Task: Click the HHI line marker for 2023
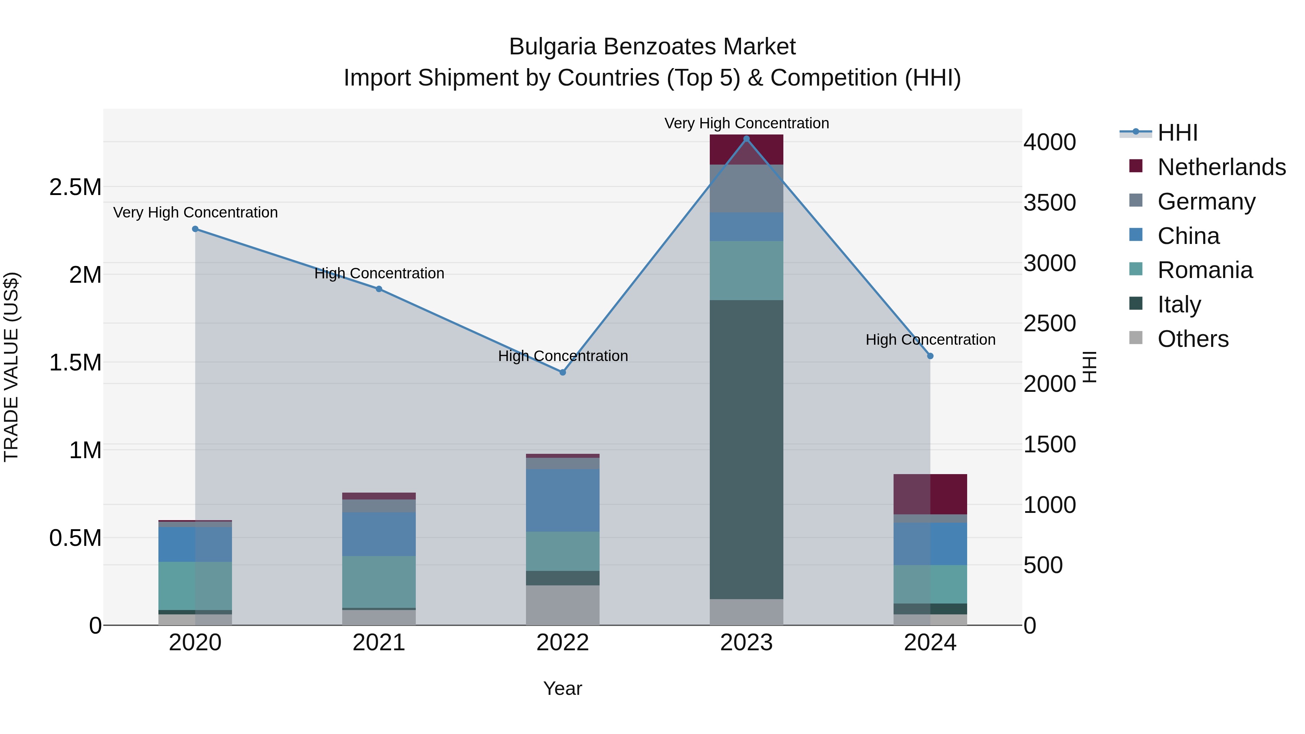(746, 139)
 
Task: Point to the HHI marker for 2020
(195, 229)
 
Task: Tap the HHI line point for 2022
(562, 372)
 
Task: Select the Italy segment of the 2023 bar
(746, 449)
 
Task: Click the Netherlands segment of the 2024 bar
(930, 494)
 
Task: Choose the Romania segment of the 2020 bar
(195, 586)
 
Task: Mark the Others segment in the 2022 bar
(562, 605)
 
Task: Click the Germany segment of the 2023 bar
(746, 188)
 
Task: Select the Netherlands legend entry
(1221, 167)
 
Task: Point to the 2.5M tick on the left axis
(75, 187)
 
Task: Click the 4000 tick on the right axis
(1050, 142)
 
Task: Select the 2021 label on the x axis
(379, 643)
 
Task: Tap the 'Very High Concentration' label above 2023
(746, 123)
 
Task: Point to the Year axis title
(562, 688)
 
